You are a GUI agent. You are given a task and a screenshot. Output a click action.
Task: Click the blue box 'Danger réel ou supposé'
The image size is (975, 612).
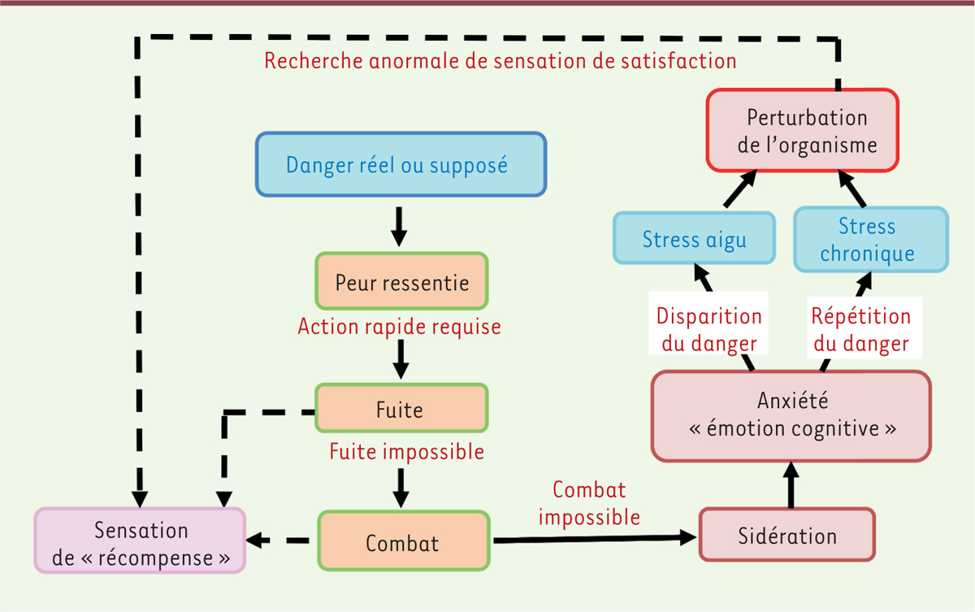point(401,165)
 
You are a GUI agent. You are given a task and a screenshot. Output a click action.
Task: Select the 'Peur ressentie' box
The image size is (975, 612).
point(401,283)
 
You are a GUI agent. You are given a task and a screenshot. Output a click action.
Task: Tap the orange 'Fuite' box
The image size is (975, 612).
point(401,408)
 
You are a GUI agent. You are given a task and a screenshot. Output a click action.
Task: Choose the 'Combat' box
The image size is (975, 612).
point(403,542)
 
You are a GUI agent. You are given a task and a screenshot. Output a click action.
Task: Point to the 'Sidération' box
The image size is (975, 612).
point(787,536)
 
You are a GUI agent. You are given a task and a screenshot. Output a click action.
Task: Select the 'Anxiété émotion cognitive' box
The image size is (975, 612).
point(791,415)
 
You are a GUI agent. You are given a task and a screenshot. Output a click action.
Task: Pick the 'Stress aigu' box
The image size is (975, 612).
point(693,239)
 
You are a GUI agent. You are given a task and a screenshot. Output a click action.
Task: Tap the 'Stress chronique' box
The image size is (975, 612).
point(869,239)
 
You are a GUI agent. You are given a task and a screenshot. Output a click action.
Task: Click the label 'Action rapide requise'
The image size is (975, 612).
point(399,327)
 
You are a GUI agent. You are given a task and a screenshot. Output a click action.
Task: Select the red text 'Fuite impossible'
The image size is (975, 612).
point(406,451)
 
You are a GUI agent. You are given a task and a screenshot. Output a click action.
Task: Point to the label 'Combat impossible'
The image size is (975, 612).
point(589,503)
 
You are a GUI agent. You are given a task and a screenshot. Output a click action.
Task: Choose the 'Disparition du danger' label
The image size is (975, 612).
point(708,329)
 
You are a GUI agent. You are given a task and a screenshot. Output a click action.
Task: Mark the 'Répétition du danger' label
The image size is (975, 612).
point(860,329)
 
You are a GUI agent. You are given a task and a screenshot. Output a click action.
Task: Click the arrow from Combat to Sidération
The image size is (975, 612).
point(593,537)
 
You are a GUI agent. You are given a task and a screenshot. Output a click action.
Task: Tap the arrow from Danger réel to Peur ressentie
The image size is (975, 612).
point(398,225)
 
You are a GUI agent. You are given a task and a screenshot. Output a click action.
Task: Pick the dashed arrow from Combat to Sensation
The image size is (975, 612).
point(280,540)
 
